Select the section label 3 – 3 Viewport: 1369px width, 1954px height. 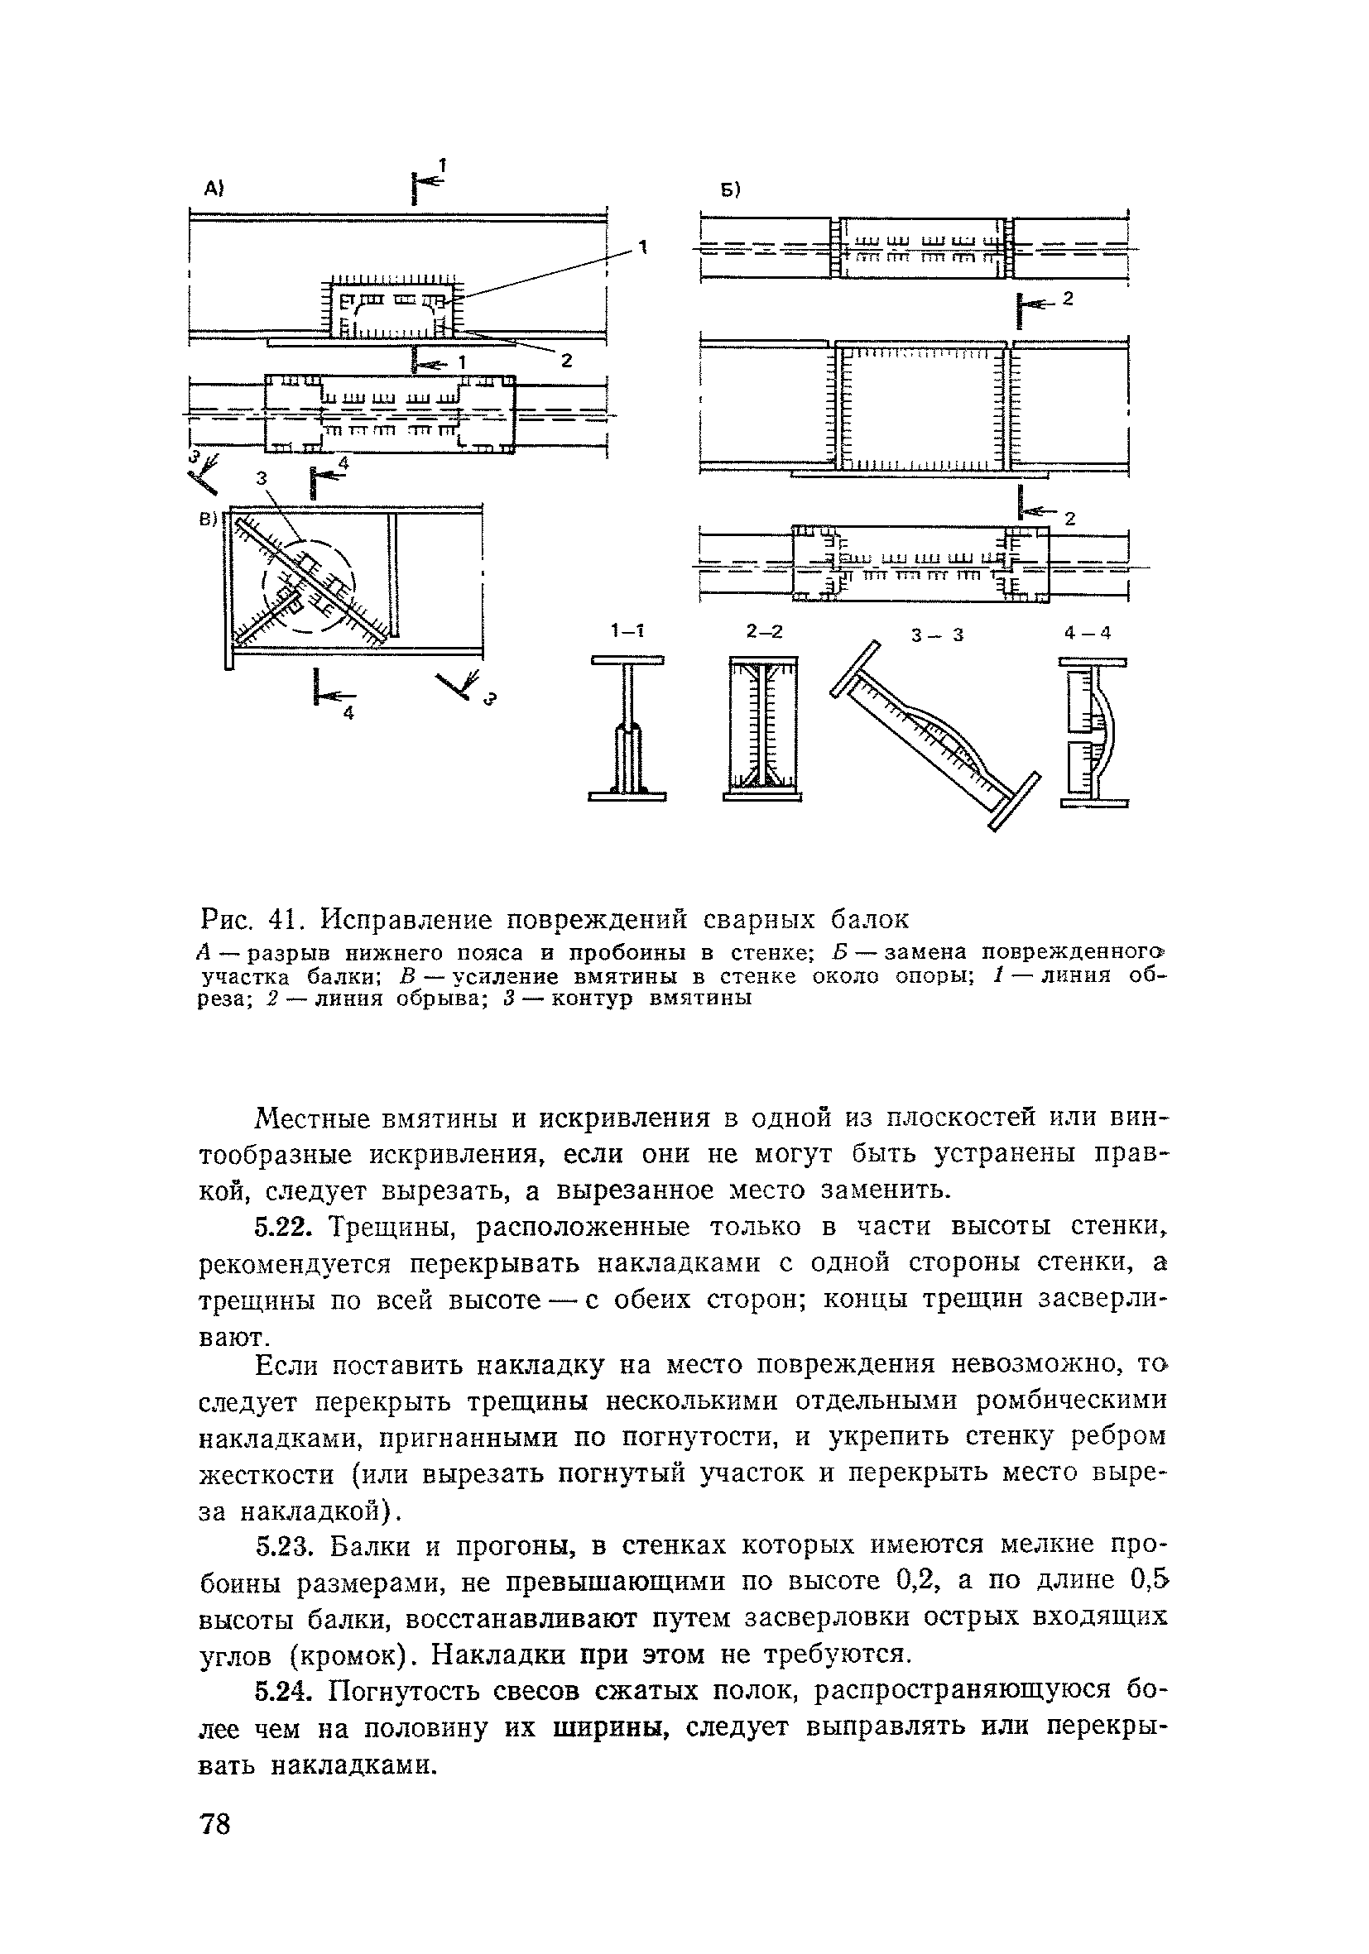935,634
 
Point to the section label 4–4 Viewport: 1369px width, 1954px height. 1088,632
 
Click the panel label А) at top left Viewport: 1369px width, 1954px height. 213,190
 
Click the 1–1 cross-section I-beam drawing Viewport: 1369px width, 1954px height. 627,729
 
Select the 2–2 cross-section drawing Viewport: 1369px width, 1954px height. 763,729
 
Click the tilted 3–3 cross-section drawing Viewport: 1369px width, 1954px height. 934,736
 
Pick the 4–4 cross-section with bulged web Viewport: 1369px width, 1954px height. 1093,732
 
